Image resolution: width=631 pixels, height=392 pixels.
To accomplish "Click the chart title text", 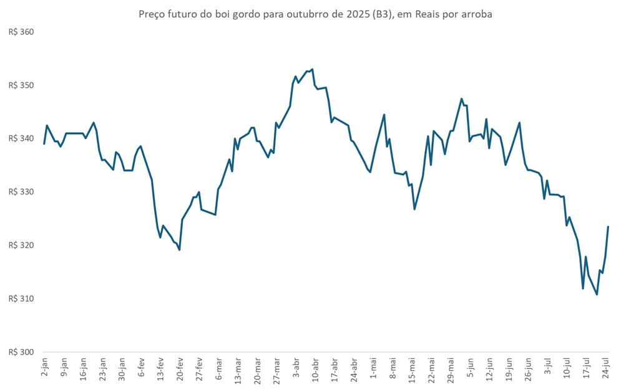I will tap(315, 14).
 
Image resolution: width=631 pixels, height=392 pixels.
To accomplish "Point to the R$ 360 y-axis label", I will tap(20, 32).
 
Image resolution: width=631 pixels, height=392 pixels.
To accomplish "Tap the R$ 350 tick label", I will tap(20, 85).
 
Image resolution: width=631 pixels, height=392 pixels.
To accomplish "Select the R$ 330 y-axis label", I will tap(20, 192).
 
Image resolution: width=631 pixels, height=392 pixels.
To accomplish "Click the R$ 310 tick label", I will tap(20, 299).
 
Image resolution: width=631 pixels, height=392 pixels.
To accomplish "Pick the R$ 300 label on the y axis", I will tap(20, 352).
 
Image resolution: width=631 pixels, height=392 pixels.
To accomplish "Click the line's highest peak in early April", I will tap(312, 69).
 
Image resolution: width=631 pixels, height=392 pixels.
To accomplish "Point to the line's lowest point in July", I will tap(597, 294).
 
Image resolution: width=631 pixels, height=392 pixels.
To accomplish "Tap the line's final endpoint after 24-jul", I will tap(609, 227).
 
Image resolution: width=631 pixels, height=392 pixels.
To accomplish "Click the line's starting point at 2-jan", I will tap(44, 144).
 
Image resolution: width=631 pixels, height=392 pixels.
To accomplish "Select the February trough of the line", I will tap(180, 250).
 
